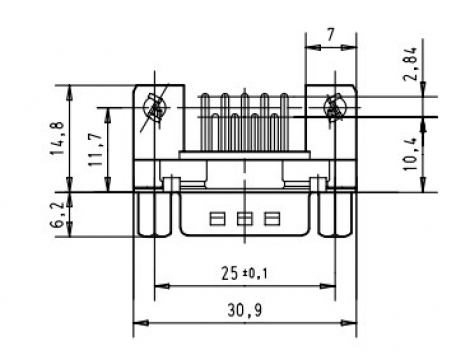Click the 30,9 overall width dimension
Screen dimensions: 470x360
245,310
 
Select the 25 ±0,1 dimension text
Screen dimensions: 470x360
244,274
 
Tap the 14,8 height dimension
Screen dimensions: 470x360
57,138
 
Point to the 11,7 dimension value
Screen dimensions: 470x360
96,149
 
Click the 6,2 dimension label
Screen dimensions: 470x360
57,215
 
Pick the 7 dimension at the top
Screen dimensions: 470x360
330,35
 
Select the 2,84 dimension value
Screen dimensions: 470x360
410,64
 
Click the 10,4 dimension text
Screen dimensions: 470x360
411,154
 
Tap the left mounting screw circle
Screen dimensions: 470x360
154,108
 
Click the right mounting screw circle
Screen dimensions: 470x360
335,108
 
